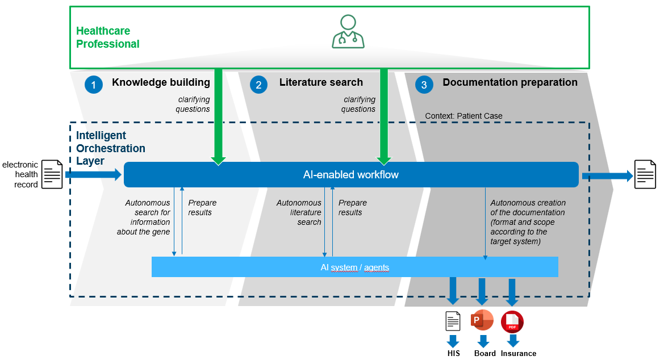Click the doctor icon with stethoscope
(348, 32)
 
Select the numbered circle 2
(258, 85)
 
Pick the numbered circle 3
(424, 85)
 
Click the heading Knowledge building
(161, 82)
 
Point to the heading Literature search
(321, 82)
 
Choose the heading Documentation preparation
(509, 82)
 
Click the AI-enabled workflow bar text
(350, 175)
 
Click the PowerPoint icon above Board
(482, 321)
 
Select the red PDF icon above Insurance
(512, 322)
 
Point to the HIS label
(453, 353)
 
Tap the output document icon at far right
(645, 174)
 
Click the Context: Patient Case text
(463, 116)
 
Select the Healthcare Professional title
(108, 37)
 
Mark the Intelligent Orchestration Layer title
(111, 148)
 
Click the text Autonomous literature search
(299, 212)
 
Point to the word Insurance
(518, 353)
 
